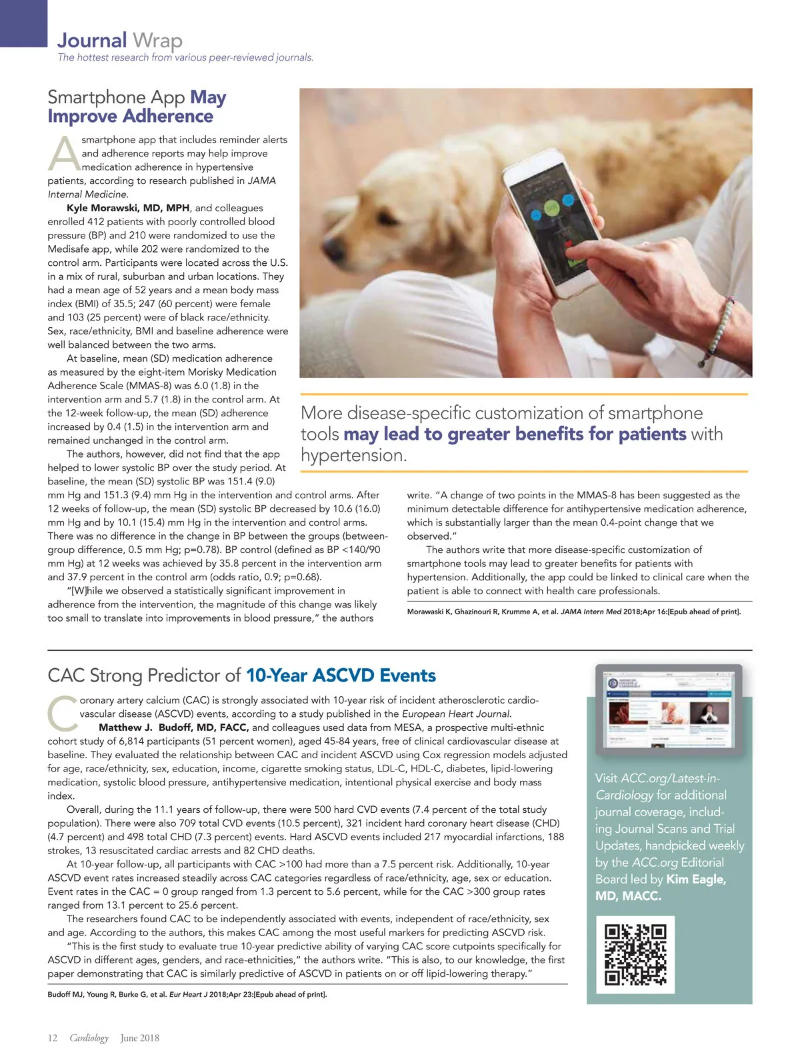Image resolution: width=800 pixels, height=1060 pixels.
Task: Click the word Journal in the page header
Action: coord(92,41)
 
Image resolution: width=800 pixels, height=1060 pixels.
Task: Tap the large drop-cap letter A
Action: coord(64,154)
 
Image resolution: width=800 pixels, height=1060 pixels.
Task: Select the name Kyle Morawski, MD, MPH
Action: coord(128,208)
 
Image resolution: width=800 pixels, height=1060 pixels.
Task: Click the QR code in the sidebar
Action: coord(635,954)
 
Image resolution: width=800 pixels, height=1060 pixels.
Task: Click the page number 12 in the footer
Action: coord(53,1038)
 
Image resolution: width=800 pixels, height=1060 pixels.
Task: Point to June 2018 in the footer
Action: coord(139,1038)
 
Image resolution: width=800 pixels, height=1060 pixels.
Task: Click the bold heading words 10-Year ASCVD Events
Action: coord(341,676)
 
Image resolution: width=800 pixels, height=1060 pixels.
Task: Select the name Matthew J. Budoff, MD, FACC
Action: coord(174,728)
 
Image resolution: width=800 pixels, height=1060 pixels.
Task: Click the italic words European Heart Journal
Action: coord(456,714)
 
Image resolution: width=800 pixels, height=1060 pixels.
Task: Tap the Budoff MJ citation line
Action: coord(187,995)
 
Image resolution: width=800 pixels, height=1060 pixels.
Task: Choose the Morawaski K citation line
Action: coord(573,612)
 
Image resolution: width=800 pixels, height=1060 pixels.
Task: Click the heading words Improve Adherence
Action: coord(131,117)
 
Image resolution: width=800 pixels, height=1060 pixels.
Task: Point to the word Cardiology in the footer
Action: coord(89,1038)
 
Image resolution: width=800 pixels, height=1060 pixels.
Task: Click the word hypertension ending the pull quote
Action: coord(353,456)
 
